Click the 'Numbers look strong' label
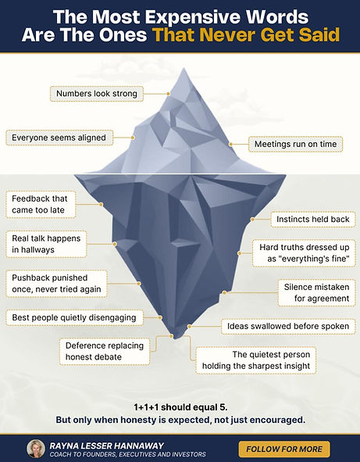point(97,94)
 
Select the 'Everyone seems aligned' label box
point(59,138)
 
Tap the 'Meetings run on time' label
point(295,144)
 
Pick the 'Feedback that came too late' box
point(41,205)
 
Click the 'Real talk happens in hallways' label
point(46,244)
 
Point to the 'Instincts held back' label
point(313,219)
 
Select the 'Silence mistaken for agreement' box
point(317,292)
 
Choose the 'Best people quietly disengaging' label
point(74,317)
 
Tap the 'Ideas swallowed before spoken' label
point(288,327)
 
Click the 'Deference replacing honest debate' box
point(105,352)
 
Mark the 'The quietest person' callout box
point(256,360)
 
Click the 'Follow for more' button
point(284,449)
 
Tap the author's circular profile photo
point(36,449)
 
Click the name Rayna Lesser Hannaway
point(106,446)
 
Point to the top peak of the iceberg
point(184,68)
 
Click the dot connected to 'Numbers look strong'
point(168,94)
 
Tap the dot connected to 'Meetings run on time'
point(231,145)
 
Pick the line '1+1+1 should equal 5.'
point(180,407)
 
